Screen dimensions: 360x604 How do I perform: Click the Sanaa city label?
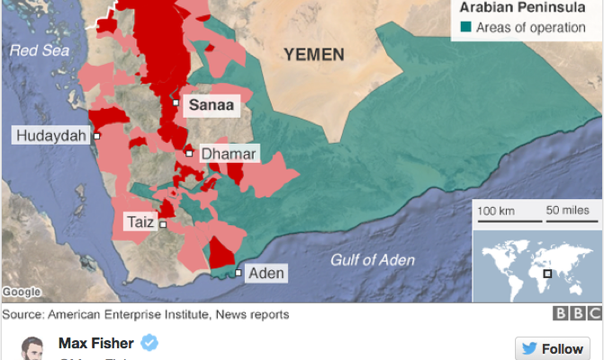pos(210,105)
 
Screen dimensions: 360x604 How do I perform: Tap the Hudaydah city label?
pos(50,136)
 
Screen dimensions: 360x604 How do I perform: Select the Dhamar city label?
pos(229,154)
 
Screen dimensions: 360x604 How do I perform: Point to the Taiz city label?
pos(139,220)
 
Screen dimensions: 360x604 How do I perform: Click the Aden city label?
pos(266,273)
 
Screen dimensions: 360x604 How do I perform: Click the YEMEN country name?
pos(313,55)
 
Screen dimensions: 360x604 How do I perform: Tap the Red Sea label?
pos(40,51)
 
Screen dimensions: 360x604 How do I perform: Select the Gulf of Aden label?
pos(373,260)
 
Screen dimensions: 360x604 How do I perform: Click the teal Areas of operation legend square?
pos(464,28)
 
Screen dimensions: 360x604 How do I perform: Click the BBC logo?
pos(577,314)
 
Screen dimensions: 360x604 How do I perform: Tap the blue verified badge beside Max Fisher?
pos(151,343)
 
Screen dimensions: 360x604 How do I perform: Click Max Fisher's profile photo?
pos(32,349)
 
